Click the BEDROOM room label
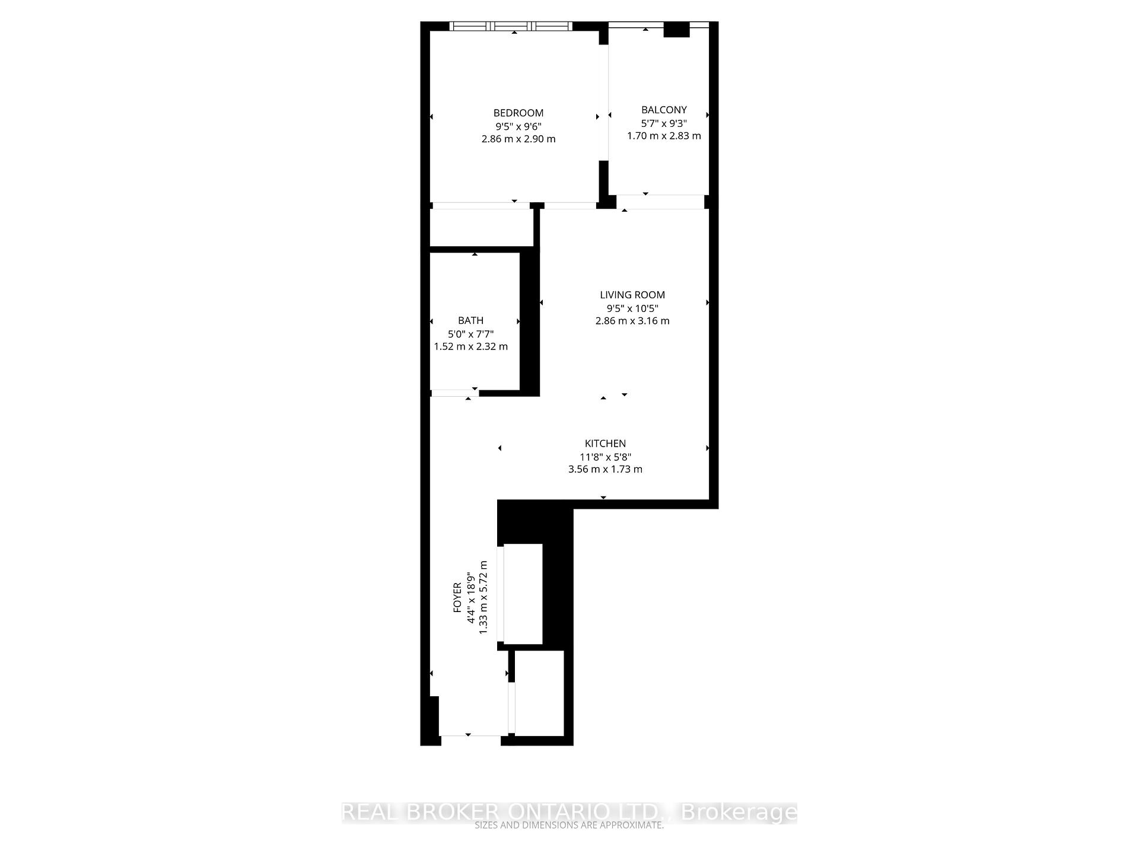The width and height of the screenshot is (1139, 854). pyautogui.click(x=518, y=113)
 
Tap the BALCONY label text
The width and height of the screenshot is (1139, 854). pyautogui.click(x=664, y=110)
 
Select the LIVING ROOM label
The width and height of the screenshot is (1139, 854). pyautogui.click(x=632, y=295)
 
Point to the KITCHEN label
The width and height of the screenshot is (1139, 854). pyautogui.click(x=605, y=444)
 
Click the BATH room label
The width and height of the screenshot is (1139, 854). pyautogui.click(x=470, y=321)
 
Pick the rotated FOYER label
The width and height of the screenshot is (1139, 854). pyautogui.click(x=457, y=597)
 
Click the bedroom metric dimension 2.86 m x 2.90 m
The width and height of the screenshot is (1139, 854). pyautogui.click(x=518, y=139)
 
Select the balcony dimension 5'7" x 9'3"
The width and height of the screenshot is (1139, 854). pyautogui.click(x=664, y=123)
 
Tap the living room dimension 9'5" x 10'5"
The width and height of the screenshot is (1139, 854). pyautogui.click(x=632, y=308)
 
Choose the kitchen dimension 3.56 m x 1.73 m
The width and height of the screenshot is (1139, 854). pyautogui.click(x=605, y=469)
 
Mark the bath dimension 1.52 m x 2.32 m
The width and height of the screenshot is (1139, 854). pyautogui.click(x=470, y=346)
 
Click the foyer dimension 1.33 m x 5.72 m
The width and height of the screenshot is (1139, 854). pyautogui.click(x=483, y=597)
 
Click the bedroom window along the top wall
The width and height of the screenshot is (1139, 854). pyautogui.click(x=511, y=26)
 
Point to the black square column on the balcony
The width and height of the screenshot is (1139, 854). pyautogui.click(x=676, y=30)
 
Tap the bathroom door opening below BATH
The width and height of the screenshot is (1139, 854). pyautogui.click(x=455, y=393)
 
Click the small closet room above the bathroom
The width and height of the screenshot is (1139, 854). pyautogui.click(x=481, y=227)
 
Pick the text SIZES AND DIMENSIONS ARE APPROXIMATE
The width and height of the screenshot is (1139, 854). pyautogui.click(x=569, y=826)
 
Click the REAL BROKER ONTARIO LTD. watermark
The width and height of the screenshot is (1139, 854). pyautogui.click(x=569, y=812)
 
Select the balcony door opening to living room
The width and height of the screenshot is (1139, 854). pyautogui.click(x=660, y=202)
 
